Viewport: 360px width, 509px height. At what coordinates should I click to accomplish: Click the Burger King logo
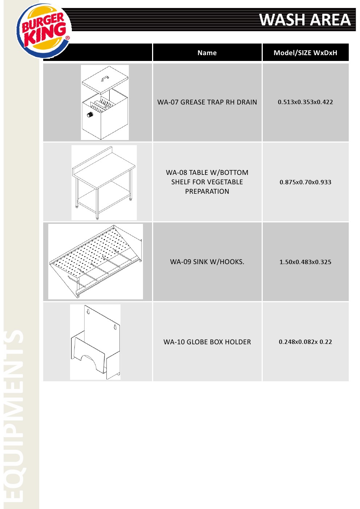44,31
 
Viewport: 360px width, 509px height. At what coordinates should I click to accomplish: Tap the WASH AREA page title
305,20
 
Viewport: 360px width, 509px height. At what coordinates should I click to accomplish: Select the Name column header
207,53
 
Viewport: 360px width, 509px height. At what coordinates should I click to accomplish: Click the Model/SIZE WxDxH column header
305,53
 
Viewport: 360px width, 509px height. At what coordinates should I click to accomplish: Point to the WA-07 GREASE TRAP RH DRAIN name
207,102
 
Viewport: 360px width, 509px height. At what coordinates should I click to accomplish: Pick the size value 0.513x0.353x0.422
305,102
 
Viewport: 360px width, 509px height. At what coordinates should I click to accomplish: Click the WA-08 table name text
207,182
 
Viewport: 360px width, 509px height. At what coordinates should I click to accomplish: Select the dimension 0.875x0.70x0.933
305,182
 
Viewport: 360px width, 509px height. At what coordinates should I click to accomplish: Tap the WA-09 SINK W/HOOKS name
207,262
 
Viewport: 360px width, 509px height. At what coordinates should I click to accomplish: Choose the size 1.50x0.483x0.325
305,262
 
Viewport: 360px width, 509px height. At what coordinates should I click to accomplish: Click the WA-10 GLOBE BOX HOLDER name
207,342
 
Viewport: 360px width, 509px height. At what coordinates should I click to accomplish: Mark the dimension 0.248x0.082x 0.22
305,342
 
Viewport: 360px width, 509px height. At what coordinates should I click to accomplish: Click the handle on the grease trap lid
105,79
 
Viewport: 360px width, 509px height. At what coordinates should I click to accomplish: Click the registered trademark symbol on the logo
67,38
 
